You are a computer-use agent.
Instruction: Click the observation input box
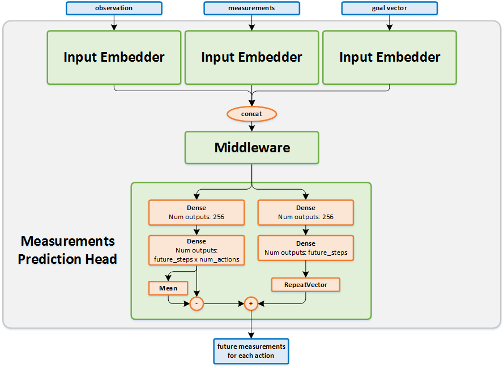pos(114,8)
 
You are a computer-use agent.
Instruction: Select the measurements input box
pos(251,8)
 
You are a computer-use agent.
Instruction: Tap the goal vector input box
pos(390,8)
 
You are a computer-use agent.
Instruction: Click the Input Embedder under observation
pos(114,57)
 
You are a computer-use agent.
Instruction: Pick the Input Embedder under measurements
pos(251,57)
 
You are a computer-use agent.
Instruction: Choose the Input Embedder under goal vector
pos(390,57)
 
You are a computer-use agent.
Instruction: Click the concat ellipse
pos(251,114)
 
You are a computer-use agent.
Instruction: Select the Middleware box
pos(251,148)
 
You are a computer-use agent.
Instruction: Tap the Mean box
pos(168,288)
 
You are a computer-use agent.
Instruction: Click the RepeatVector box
pos(306,284)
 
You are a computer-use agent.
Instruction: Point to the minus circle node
pos(197,304)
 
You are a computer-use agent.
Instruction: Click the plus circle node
pos(251,304)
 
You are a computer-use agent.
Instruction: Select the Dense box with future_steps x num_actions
pos(197,250)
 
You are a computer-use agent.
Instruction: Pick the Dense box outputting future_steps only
pos(306,248)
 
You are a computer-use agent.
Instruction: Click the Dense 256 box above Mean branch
pos(197,212)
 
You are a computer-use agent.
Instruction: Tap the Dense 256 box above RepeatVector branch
pos(306,212)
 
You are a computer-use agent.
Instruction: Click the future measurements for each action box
pos(251,351)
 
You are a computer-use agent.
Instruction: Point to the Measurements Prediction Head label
pos(67,250)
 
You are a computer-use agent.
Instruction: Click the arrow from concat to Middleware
pos(251,126)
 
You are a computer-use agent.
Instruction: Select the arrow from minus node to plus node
pos(224,304)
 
